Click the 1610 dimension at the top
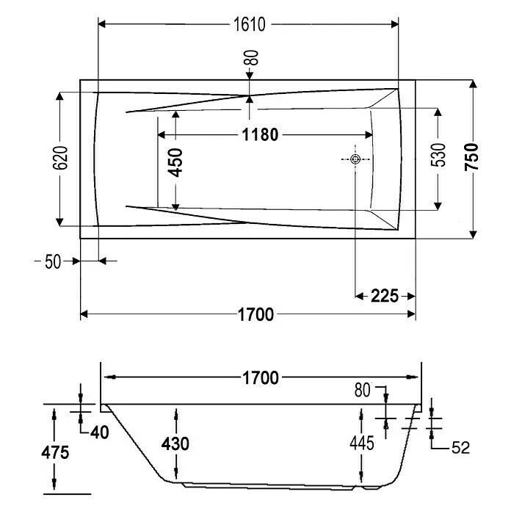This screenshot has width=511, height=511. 250,24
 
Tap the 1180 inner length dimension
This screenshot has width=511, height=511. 260,134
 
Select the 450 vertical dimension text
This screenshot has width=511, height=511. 175,162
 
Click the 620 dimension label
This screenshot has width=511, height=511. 60,158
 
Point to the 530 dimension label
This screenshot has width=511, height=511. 438,155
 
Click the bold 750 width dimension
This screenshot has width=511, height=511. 472,157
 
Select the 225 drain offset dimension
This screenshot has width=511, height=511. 385,296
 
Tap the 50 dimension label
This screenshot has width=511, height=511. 53,261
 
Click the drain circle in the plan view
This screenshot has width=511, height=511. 355,159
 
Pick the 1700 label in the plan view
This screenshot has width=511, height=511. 255,314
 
